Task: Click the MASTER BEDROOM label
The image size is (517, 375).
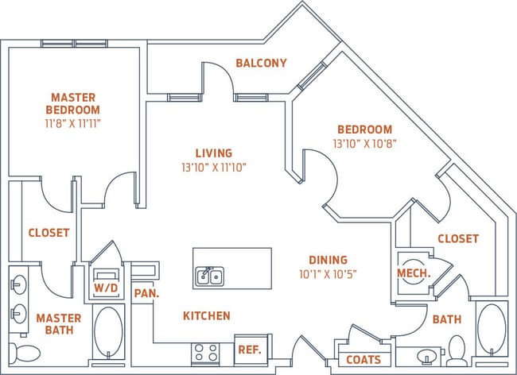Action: click(72, 103)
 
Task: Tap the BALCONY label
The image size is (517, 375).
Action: click(261, 63)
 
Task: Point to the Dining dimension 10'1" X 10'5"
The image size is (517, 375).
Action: click(328, 274)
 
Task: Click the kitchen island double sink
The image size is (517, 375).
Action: click(210, 276)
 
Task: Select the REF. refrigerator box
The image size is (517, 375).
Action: click(250, 350)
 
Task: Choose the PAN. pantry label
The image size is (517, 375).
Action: click(145, 292)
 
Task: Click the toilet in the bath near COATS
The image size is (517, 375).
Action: click(457, 350)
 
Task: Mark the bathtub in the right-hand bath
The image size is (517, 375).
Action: click(492, 330)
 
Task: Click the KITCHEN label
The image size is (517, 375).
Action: click(207, 315)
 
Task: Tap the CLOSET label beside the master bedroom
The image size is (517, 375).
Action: click(49, 233)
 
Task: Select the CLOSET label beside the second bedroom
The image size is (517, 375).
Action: click(457, 238)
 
